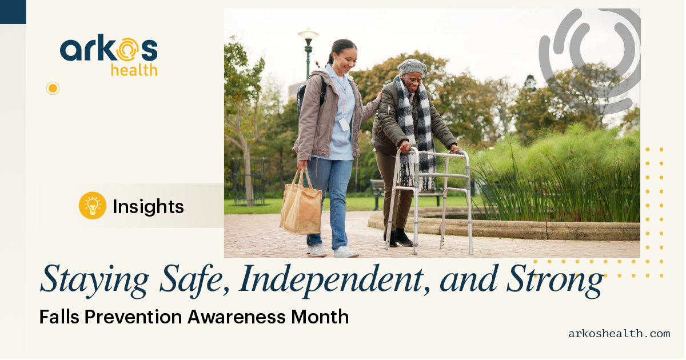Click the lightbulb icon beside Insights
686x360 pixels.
[93, 206]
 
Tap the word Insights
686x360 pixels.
[148, 206]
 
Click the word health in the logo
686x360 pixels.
[134, 70]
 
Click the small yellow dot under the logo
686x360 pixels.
[53, 89]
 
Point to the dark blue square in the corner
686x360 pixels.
[13, 11]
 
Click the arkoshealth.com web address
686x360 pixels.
[619, 334]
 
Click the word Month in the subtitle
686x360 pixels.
[320, 317]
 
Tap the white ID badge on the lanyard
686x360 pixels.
[344, 125]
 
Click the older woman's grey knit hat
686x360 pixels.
[412, 67]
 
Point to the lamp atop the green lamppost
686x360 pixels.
[308, 34]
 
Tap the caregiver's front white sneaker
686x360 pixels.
[346, 252]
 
